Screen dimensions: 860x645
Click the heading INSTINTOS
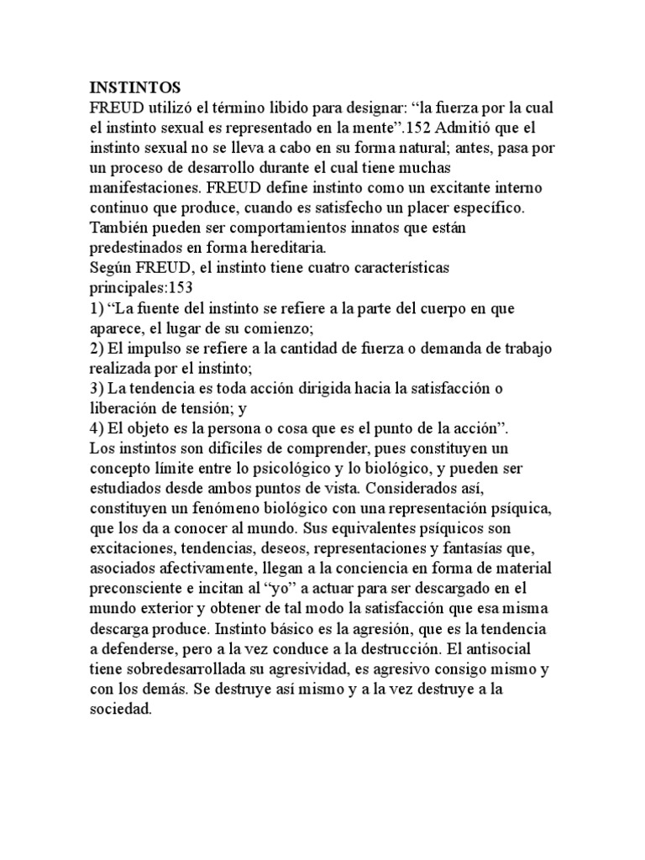(134, 87)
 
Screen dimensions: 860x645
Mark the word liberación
(125, 408)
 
